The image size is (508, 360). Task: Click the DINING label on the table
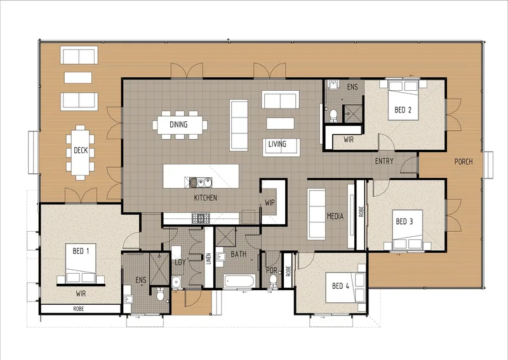pyautogui.click(x=178, y=124)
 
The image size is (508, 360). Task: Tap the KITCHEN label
pyautogui.click(x=205, y=197)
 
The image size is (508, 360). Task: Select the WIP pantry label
pyautogui.click(x=269, y=203)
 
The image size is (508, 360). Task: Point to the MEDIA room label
pyautogui.click(x=335, y=216)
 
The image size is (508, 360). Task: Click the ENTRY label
pyautogui.click(x=384, y=161)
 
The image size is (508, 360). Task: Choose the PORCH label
pyautogui.click(x=464, y=162)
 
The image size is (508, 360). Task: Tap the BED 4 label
pyautogui.click(x=340, y=286)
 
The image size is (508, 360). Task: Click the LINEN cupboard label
pyautogui.click(x=209, y=258)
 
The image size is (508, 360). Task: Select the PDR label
pyautogui.click(x=272, y=270)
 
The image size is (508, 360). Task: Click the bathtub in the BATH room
pyautogui.click(x=240, y=281)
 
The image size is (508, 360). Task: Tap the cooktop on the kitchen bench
pyautogui.click(x=201, y=218)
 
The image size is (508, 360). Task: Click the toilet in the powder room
pyautogui.click(x=274, y=281)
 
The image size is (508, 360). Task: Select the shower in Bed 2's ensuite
pyautogui.click(x=353, y=114)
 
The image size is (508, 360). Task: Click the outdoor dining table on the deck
pyautogui.click(x=81, y=152)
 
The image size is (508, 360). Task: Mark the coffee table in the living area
pyautogui.click(x=280, y=123)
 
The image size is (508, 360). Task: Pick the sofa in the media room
pyautogui.click(x=316, y=215)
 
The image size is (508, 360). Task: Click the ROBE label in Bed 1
pyautogui.click(x=78, y=309)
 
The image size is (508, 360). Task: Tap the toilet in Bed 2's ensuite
pyautogui.click(x=333, y=116)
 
